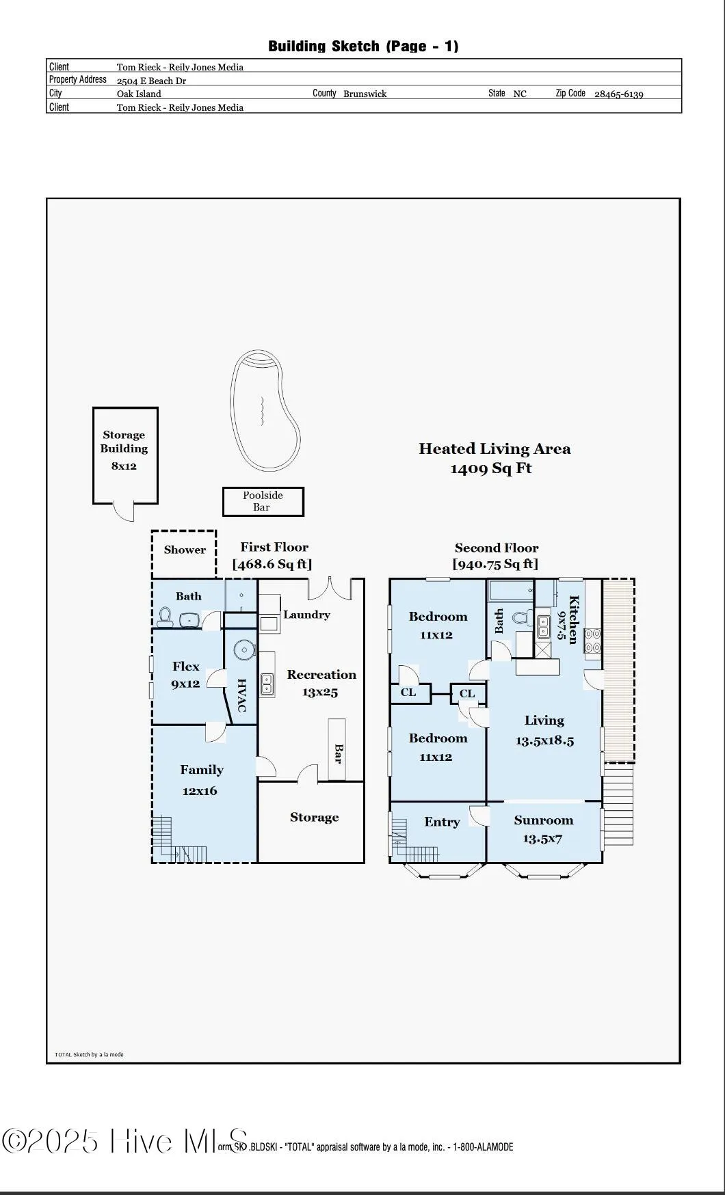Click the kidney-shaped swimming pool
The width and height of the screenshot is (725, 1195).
(x=263, y=411)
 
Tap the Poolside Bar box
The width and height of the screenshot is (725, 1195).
(x=263, y=501)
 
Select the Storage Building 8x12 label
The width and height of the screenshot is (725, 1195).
(x=124, y=449)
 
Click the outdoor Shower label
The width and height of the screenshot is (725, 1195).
(x=185, y=550)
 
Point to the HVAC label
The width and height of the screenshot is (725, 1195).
(x=241, y=695)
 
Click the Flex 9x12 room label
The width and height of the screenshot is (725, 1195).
(x=185, y=675)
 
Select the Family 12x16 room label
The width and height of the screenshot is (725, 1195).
(x=201, y=780)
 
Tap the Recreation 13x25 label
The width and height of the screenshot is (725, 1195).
(x=321, y=683)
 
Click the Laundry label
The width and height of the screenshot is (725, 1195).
(x=306, y=615)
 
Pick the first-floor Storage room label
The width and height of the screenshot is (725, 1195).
(x=314, y=818)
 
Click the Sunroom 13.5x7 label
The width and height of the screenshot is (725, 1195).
(x=544, y=829)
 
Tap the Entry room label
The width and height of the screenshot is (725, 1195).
(x=442, y=822)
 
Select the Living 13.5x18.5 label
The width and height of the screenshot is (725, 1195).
(x=544, y=729)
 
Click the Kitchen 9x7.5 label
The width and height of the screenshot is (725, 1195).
(x=568, y=619)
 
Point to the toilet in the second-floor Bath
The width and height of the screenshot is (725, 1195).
(x=522, y=619)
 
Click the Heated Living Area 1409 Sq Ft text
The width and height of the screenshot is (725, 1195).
(x=494, y=458)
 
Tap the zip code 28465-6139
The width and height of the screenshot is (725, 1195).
(x=618, y=94)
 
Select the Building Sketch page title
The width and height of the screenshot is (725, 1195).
(x=363, y=46)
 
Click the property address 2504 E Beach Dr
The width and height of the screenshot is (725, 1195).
(x=151, y=81)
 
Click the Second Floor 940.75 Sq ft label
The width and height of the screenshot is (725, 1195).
(x=496, y=556)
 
